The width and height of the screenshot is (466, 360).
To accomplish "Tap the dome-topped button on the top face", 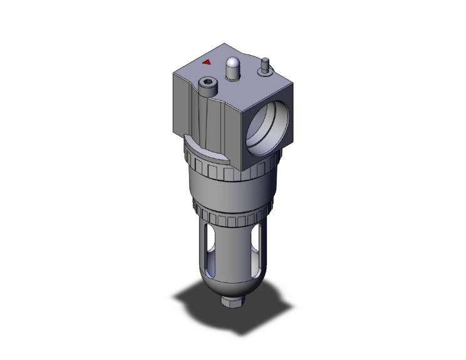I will [232, 64].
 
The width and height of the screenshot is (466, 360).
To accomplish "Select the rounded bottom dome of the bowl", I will [229, 285].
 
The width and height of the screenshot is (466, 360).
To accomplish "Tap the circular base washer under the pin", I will [265, 71].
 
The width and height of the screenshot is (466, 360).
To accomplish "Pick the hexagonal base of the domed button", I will [232, 76].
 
